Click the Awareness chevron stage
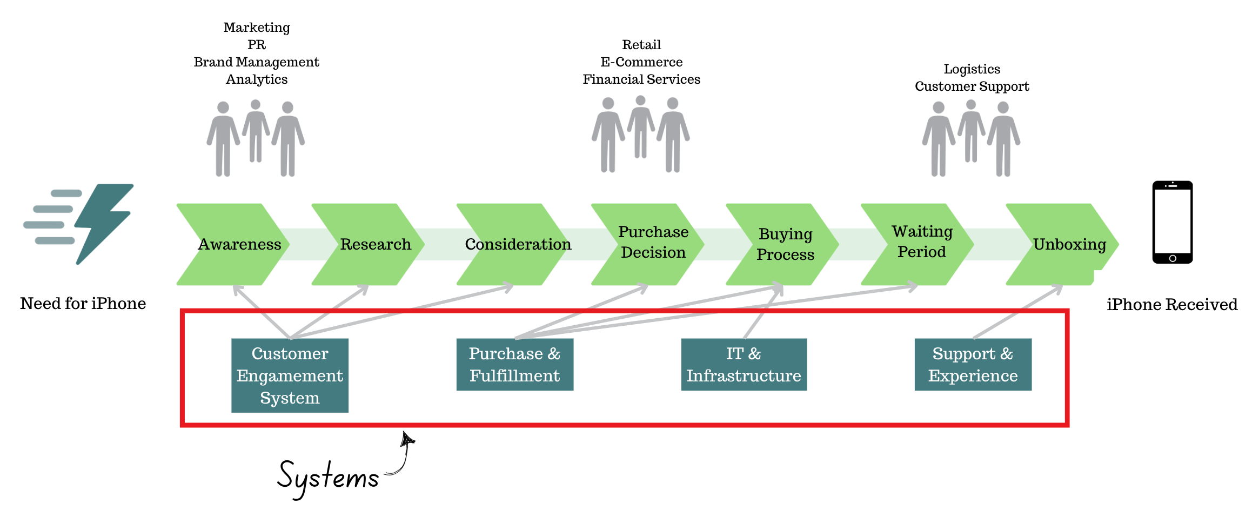click(x=238, y=244)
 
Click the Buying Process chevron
click(x=785, y=244)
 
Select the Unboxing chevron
click(x=1067, y=244)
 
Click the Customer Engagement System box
click(x=290, y=375)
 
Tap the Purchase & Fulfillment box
click(x=514, y=365)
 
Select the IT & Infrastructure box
click(x=744, y=365)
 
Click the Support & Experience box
click(x=973, y=365)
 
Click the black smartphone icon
click(x=1172, y=222)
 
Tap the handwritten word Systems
click(x=328, y=477)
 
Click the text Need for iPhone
click(x=83, y=304)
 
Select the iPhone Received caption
click(x=1171, y=305)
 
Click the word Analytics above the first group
click(x=257, y=79)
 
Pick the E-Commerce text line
click(x=641, y=62)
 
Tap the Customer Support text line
click(x=972, y=86)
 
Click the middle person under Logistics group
click(x=971, y=131)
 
